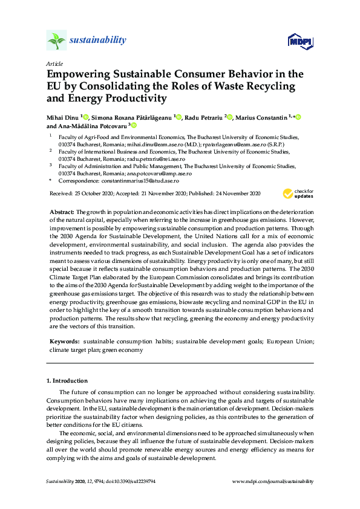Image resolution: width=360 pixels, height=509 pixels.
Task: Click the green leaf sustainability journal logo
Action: pyautogui.click(x=56, y=41)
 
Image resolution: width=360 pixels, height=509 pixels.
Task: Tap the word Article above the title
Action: pyautogui.click(x=54, y=63)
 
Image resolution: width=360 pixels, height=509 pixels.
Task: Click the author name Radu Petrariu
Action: pyautogui.click(x=203, y=117)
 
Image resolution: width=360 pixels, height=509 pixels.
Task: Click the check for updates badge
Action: pyautogui.click(x=298, y=193)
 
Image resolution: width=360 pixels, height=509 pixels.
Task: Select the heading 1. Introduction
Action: pyautogui.click(x=67, y=381)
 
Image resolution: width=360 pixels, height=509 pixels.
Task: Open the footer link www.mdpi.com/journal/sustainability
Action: pyautogui.click(x=273, y=481)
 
